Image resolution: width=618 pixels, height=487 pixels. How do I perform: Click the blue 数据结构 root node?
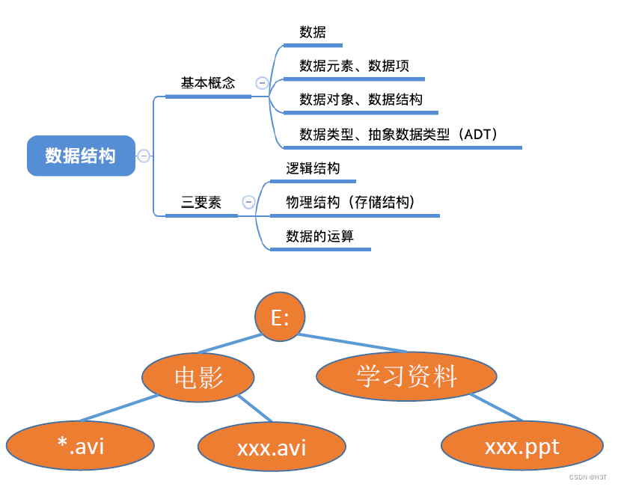click(81, 156)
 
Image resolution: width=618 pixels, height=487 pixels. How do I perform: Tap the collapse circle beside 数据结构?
click(144, 156)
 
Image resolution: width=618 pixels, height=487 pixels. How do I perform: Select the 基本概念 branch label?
click(208, 83)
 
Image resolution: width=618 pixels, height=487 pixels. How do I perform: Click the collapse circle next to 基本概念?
click(262, 83)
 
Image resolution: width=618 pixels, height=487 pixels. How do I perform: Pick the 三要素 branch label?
click(201, 202)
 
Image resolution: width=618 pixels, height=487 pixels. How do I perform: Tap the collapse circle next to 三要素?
click(248, 202)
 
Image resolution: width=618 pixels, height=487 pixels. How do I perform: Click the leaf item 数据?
click(313, 32)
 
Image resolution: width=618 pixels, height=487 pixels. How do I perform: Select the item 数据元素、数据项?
click(354, 66)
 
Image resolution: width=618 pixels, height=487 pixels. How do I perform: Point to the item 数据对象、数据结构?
click(361, 99)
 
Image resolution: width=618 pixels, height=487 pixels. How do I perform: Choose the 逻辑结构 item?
click(313, 168)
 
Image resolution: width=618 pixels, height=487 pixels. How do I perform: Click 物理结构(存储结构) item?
click(350, 202)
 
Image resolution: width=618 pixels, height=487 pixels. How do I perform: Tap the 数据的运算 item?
click(319, 236)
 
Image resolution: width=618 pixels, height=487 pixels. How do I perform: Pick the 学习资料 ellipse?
click(406, 376)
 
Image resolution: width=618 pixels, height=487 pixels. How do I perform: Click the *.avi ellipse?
click(80, 446)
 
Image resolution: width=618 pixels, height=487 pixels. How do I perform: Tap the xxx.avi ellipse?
click(272, 447)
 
